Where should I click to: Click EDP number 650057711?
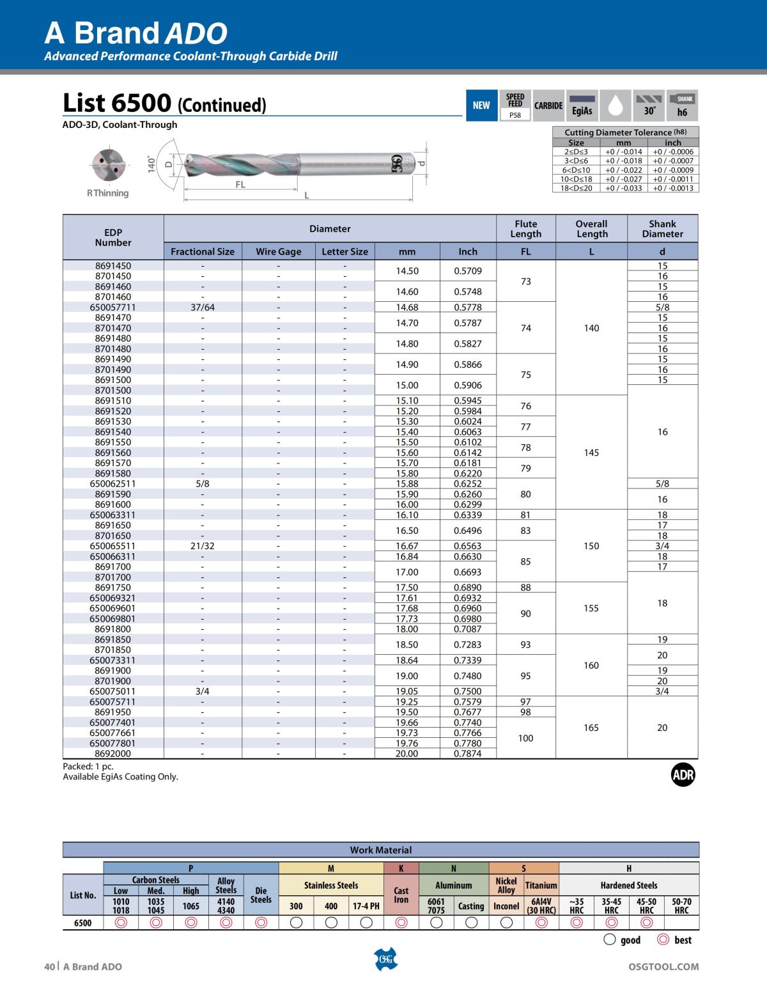(x=112, y=308)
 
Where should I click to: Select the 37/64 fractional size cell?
(x=203, y=308)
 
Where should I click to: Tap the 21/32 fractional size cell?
(x=203, y=546)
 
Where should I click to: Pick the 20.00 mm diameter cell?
(x=407, y=754)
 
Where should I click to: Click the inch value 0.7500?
(x=468, y=691)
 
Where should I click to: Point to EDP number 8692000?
(x=112, y=754)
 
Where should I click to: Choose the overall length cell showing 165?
(x=591, y=728)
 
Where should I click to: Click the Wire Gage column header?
(x=278, y=251)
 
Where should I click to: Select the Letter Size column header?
(x=345, y=251)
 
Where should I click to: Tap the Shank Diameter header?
(x=662, y=229)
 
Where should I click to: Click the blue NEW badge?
(x=481, y=106)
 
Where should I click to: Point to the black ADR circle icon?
(x=683, y=775)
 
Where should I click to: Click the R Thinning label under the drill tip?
(x=107, y=193)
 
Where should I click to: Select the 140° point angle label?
(x=151, y=164)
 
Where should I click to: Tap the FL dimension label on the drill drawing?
(x=240, y=185)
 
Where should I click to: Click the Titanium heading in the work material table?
(x=541, y=886)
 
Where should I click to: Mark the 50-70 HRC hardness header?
(x=681, y=905)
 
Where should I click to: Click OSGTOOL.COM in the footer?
(x=663, y=967)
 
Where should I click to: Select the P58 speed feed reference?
(x=515, y=116)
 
